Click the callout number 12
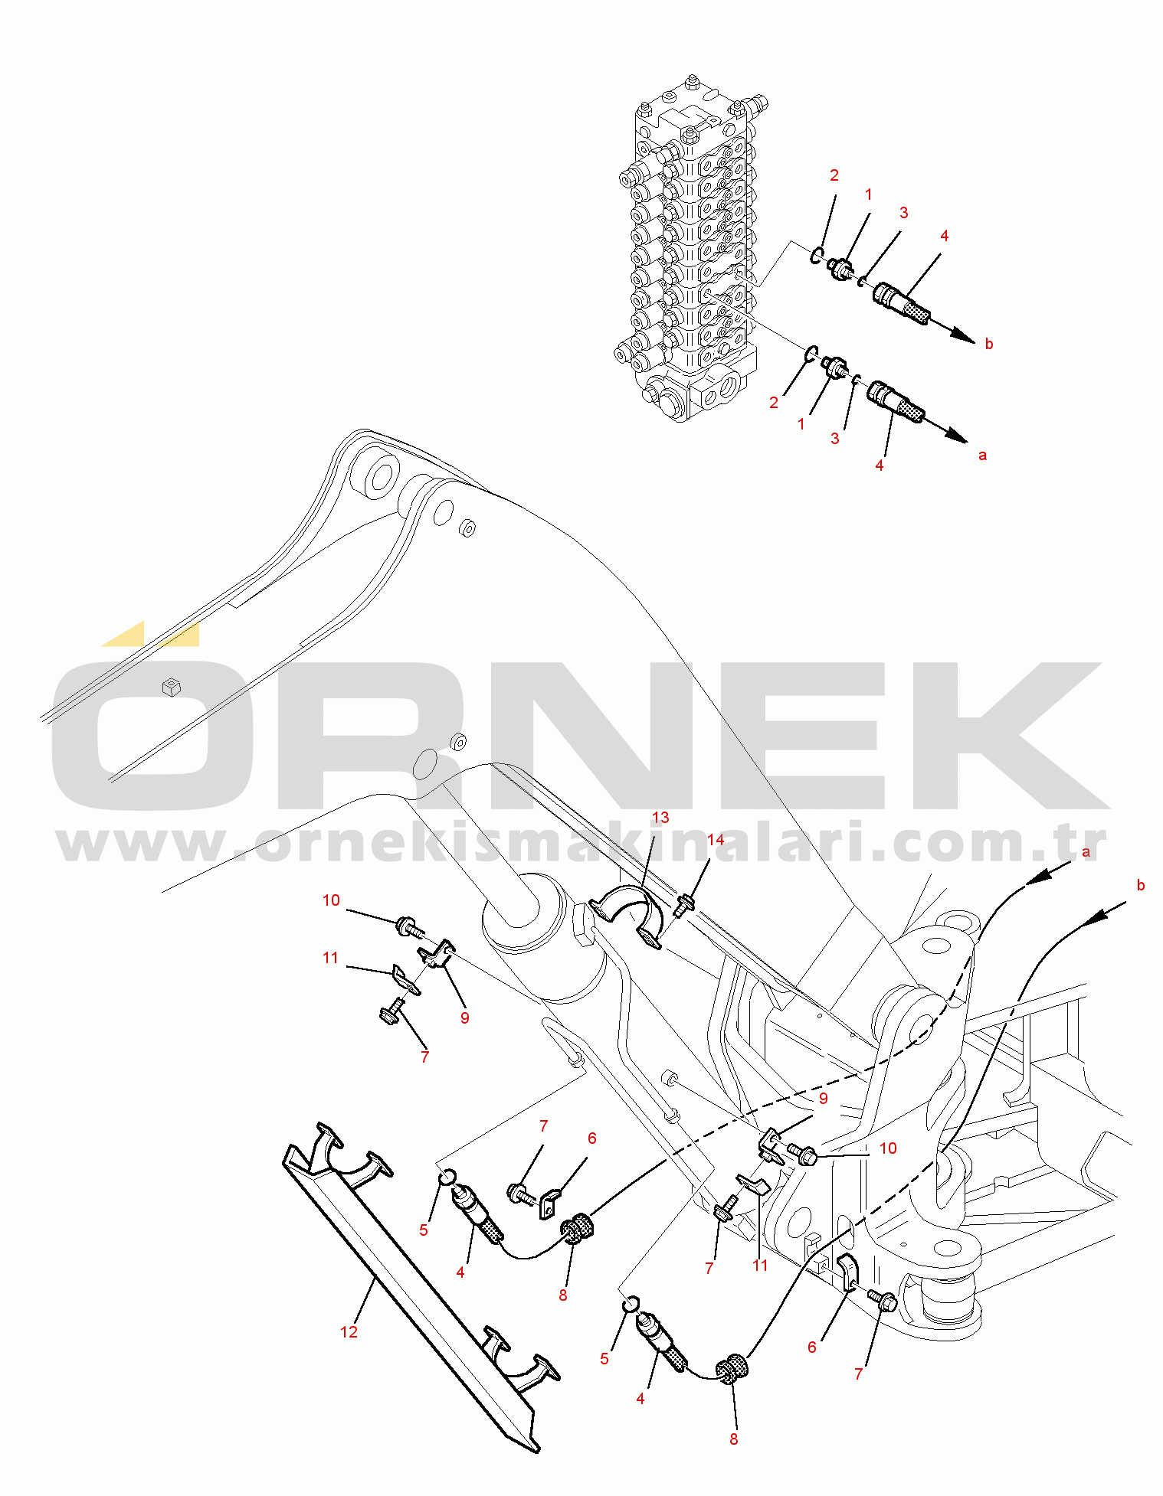349,1332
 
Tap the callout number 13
660,818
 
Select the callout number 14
715,840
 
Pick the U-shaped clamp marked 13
627,915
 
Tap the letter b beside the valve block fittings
989,344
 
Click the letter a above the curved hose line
1086,851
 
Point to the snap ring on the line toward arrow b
817,255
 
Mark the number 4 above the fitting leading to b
944,236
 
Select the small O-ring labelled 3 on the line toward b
863,280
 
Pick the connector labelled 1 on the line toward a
833,366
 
